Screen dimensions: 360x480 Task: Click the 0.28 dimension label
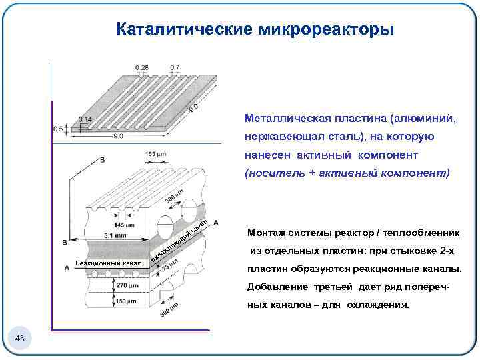pos(142,67)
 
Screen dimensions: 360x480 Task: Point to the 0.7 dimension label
pos(175,67)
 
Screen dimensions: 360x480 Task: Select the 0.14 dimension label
pos(85,119)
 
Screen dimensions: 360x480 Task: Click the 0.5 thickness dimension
pos(58,129)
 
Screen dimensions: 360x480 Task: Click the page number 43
pos(19,340)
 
